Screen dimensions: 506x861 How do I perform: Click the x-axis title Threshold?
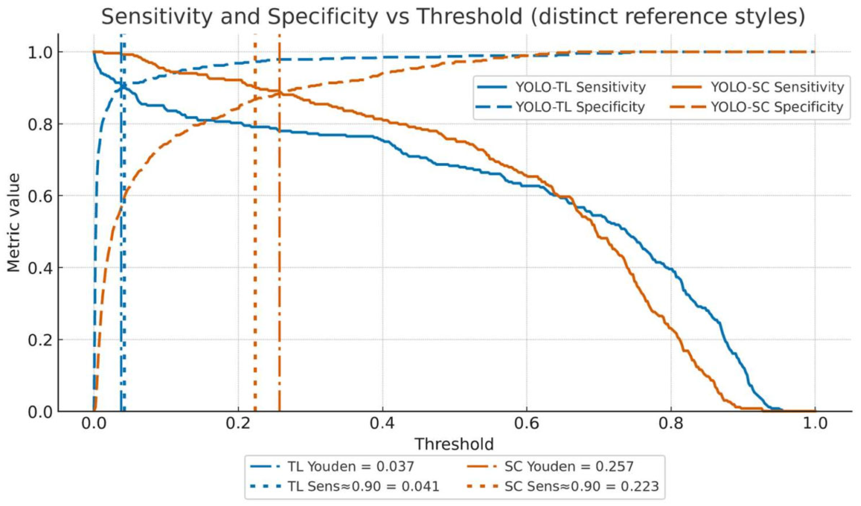(454, 444)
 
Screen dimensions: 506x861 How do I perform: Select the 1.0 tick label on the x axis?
(815, 423)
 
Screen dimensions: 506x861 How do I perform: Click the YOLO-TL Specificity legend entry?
(580, 107)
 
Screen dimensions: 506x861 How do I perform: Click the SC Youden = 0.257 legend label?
(569, 466)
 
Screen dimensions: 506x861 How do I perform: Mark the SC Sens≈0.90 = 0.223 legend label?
(581, 486)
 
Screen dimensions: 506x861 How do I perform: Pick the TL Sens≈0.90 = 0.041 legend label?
(363, 486)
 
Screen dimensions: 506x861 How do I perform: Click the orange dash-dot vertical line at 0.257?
(279, 246)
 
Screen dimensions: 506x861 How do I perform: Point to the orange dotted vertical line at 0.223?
(255, 246)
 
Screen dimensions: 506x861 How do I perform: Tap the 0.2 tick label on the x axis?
(238, 423)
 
